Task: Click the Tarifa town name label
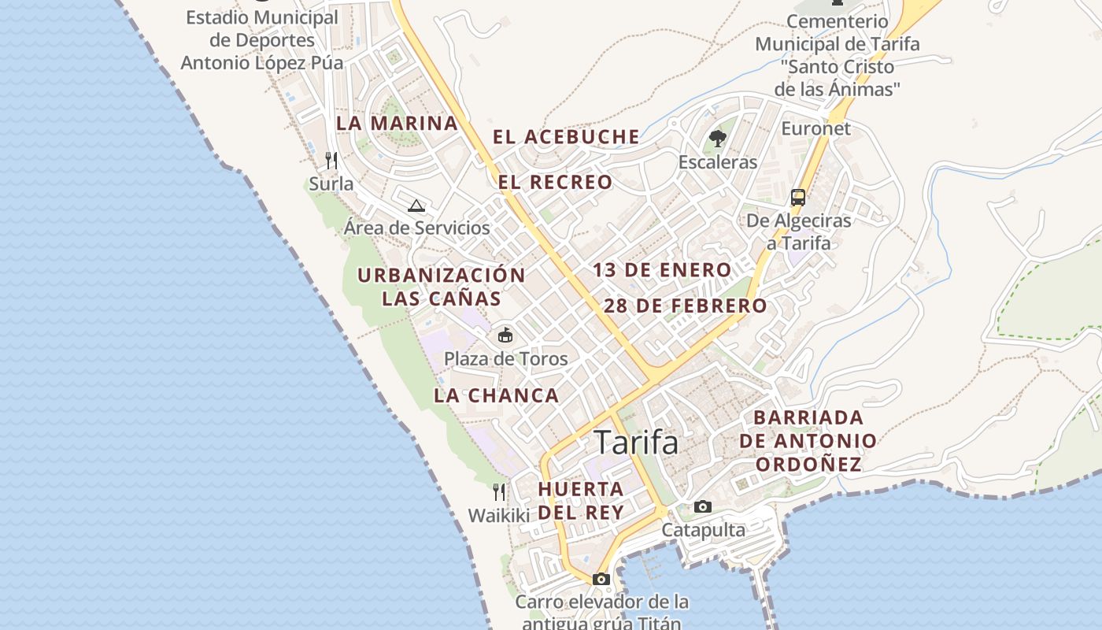pyautogui.click(x=636, y=443)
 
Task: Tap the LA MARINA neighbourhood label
pyautogui.click(x=397, y=124)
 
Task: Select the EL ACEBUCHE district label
pyautogui.click(x=566, y=137)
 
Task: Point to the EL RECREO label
pyautogui.click(x=555, y=183)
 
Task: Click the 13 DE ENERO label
pyautogui.click(x=662, y=270)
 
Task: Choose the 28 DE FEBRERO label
pyautogui.click(x=685, y=306)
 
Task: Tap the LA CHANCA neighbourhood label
pyautogui.click(x=497, y=396)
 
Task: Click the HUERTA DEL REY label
pyautogui.click(x=581, y=500)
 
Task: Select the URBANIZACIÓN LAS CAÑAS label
pyautogui.click(x=442, y=287)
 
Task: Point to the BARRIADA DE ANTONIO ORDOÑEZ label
pyautogui.click(x=808, y=441)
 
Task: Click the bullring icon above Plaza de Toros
pyautogui.click(x=505, y=335)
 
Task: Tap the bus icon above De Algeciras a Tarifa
pyautogui.click(x=798, y=198)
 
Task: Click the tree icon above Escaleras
pyautogui.click(x=717, y=139)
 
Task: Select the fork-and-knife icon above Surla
pyautogui.click(x=331, y=161)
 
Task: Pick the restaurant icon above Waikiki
pyautogui.click(x=499, y=492)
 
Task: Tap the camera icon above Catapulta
pyautogui.click(x=703, y=506)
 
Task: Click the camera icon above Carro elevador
pyautogui.click(x=601, y=579)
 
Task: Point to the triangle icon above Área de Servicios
pyautogui.click(x=416, y=206)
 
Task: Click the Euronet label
pyautogui.click(x=816, y=128)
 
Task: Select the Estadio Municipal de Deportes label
pyautogui.click(x=262, y=40)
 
